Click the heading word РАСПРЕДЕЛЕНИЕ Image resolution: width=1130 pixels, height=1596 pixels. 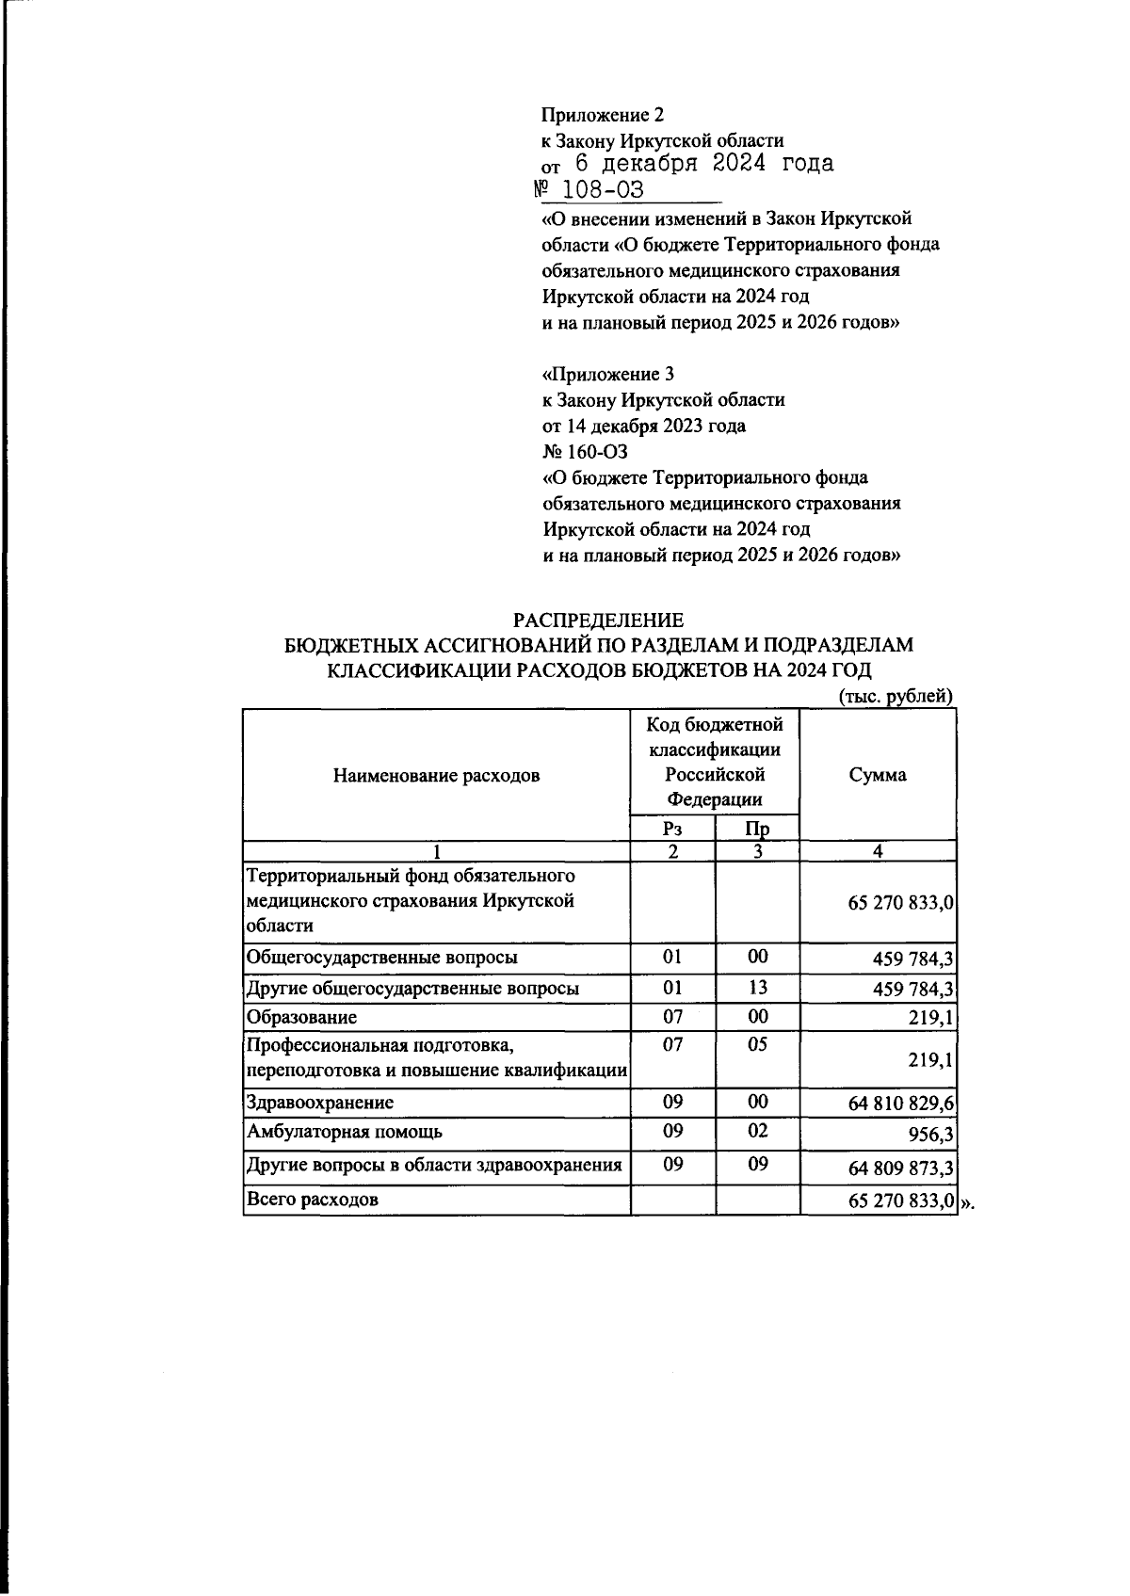[x=597, y=621]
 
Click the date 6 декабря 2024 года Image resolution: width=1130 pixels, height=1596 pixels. [x=703, y=164]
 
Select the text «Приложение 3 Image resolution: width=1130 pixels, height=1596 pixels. [x=608, y=374]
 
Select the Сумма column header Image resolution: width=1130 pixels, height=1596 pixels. [x=877, y=775]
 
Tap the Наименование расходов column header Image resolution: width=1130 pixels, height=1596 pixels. [x=436, y=776]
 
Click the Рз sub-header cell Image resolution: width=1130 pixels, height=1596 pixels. [x=671, y=829]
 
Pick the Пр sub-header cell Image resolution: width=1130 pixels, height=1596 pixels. [x=757, y=829]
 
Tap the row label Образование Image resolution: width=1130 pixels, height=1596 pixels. [x=301, y=1018]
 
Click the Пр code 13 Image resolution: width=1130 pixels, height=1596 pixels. [x=757, y=987]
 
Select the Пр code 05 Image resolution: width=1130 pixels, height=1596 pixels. [x=757, y=1044]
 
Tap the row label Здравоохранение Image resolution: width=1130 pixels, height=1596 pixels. [x=319, y=1103]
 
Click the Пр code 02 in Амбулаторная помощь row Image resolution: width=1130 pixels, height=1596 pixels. [x=757, y=1131]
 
